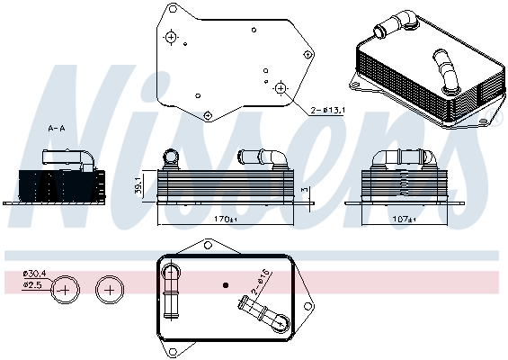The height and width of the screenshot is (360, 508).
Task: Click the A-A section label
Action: [56, 129]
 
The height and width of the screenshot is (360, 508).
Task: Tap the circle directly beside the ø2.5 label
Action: [66, 290]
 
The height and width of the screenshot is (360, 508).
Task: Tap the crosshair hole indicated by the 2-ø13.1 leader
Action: [281, 88]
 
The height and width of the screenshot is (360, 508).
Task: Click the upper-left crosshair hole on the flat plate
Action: [171, 37]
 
